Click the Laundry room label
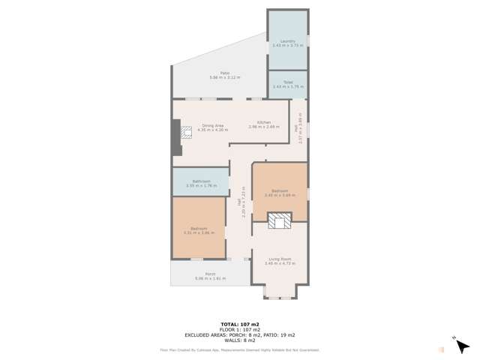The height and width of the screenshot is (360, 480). (287, 41)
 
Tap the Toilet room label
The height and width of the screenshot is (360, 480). (287, 82)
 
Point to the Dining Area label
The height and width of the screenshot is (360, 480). (212, 125)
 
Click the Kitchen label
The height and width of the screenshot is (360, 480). (264, 122)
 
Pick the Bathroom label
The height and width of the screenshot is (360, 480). (201, 181)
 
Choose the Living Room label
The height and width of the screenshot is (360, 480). (280, 259)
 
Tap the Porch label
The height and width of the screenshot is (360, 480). (200, 274)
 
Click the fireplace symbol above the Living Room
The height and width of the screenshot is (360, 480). (279, 220)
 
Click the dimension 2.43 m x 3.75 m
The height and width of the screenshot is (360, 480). (287, 46)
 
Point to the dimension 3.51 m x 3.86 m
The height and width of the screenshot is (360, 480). (199, 232)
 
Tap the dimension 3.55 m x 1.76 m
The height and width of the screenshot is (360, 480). (201, 185)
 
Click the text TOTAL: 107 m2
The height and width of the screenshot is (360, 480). (239, 324)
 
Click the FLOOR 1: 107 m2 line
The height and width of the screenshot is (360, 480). (239, 329)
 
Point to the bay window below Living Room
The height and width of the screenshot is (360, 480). (279, 292)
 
